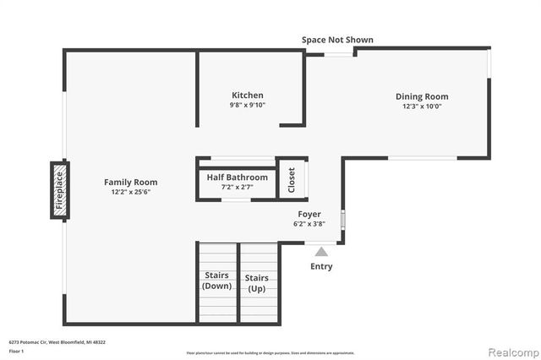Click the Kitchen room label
[248, 95]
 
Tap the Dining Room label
[422, 96]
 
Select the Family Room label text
[130, 182]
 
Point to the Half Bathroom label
[237, 177]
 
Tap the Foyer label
[309, 215]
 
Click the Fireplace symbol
[59, 191]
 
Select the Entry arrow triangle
[320, 251]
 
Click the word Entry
[321, 266]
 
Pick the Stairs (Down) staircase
[217, 281]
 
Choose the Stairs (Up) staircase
[257, 282]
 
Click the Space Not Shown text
[337, 40]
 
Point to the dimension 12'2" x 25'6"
[130, 192]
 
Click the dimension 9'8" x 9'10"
[248, 106]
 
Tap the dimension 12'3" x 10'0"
[422, 106]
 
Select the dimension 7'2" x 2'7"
[237, 188]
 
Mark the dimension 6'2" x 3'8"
[309, 225]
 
